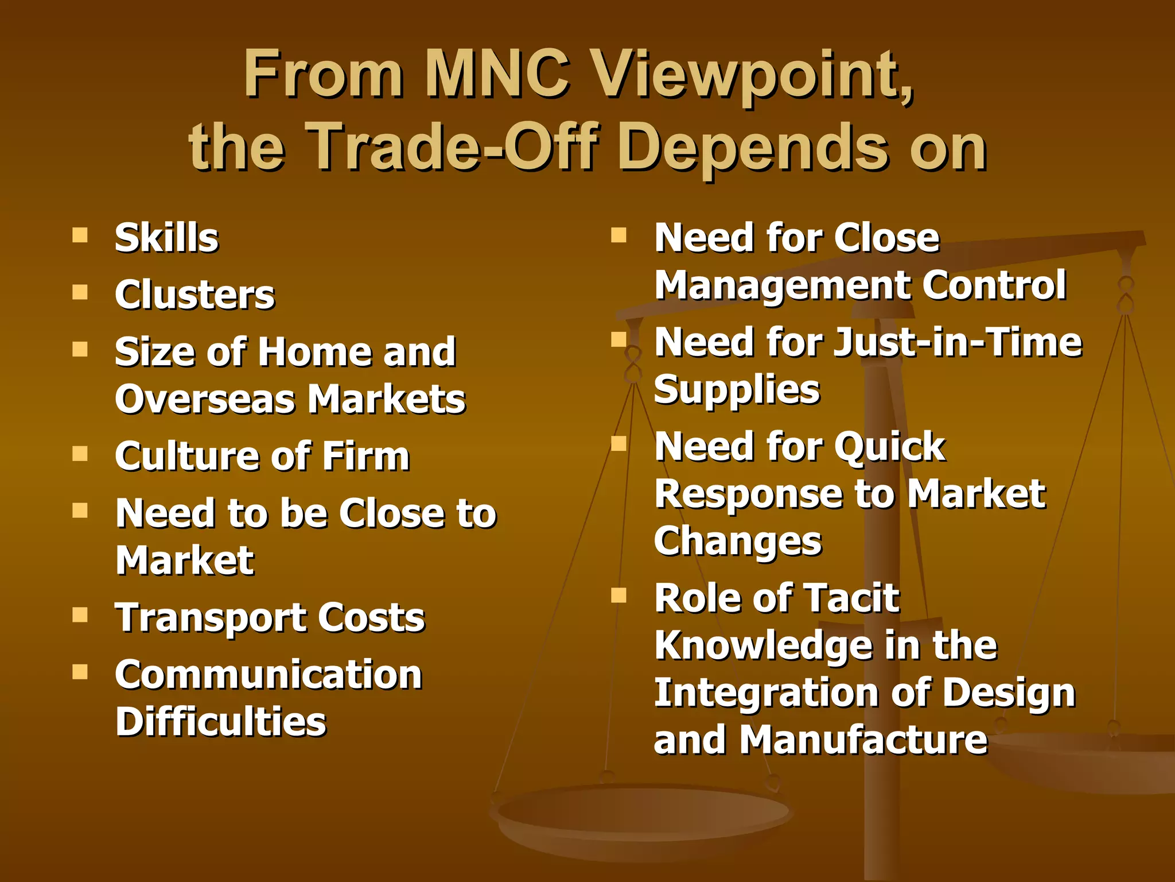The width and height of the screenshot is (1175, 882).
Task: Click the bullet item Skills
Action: pos(166,238)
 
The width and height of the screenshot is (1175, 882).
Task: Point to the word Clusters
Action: pos(195,295)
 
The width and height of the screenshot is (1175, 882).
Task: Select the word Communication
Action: pos(269,675)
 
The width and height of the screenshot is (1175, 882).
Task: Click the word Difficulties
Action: pos(221,722)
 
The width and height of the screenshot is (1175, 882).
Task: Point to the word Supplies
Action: pos(737,390)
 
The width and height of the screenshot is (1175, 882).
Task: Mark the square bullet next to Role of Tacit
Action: pos(618,595)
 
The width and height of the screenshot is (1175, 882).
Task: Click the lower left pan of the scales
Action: pos(643,815)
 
